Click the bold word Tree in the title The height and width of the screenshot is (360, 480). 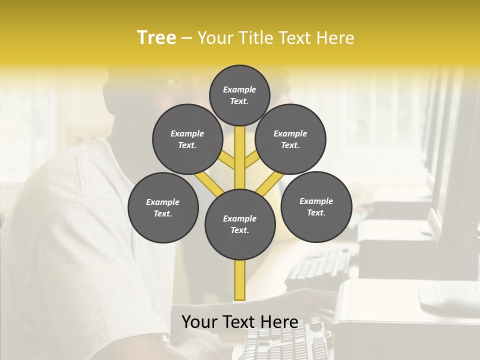156,38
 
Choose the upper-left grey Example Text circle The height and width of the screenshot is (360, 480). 187,139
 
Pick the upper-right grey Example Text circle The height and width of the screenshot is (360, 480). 290,139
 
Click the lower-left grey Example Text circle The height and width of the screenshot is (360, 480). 163,207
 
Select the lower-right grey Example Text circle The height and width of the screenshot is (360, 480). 316,206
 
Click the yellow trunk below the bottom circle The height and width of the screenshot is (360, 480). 240,280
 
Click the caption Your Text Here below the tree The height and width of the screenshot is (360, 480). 239,322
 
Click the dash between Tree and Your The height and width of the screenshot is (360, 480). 186,38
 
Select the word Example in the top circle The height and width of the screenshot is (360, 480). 239,89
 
